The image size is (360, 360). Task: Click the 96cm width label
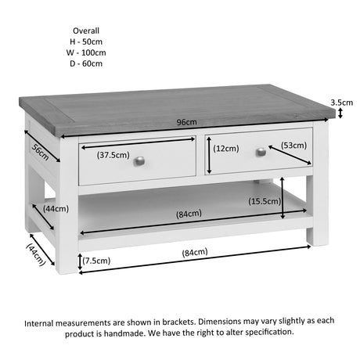pos(186,122)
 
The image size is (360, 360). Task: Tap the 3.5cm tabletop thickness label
pos(342,103)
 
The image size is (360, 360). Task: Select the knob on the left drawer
pos(139,161)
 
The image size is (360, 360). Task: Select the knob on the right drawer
pos(261,152)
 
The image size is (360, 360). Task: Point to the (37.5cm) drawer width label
pos(113,155)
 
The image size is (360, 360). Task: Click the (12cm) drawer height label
pos(226,149)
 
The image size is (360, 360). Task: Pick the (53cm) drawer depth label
pos(293,145)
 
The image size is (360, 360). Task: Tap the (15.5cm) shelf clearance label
pos(265,201)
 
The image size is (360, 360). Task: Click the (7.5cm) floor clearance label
pos(96,261)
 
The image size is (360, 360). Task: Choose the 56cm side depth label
pos(40,152)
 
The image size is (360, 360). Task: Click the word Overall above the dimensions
pos(86,31)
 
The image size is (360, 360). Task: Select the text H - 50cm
pos(86,41)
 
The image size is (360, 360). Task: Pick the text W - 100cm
pos(86,52)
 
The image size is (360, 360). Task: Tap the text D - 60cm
pos(86,63)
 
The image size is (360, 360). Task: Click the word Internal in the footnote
pos(39,323)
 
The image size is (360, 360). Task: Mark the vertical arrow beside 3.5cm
pos(340,113)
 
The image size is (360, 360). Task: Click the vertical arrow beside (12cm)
pos(209,155)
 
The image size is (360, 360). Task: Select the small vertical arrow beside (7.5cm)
pos(80,261)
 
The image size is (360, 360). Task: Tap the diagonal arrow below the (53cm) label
pos(290,155)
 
